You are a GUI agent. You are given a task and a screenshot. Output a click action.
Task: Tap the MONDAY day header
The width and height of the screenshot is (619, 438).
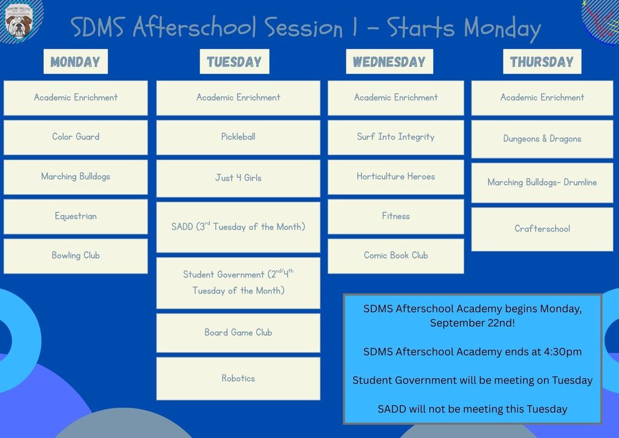click(76, 62)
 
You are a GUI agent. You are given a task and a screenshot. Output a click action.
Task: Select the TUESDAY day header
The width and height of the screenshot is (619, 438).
click(235, 62)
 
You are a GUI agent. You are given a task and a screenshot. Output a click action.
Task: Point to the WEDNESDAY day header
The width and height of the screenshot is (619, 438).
click(389, 62)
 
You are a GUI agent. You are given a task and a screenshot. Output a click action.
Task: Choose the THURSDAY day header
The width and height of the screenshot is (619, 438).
click(542, 62)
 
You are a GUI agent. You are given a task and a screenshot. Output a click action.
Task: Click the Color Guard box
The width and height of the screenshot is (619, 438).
click(76, 137)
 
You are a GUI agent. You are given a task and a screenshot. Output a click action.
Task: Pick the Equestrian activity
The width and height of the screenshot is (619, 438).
click(76, 217)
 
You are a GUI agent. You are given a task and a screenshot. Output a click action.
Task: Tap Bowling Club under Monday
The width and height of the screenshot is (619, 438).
click(76, 256)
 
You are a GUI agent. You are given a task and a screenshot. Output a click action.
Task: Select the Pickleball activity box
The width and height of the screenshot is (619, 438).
click(238, 137)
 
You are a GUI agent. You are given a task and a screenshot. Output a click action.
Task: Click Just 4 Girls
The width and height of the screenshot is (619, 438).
click(238, 178)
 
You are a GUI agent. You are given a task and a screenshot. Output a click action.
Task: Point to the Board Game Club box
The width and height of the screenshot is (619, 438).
click(238, 333)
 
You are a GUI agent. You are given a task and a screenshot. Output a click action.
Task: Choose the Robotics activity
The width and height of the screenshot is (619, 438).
click(238, 379)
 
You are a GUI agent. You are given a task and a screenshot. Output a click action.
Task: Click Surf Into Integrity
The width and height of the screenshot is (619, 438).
click(395, 137)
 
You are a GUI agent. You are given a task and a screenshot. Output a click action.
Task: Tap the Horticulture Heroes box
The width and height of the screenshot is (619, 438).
click(395, 177)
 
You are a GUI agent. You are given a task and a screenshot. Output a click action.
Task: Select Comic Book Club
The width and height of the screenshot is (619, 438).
click(395, 256)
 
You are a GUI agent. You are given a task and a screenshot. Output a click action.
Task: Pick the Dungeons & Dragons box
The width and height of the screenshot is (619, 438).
click(542, 139)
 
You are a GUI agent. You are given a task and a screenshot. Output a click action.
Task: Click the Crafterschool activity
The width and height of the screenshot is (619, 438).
click(542, 229)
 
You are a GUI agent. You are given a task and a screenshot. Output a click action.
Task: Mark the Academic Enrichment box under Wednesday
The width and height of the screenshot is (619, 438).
click(395, 98)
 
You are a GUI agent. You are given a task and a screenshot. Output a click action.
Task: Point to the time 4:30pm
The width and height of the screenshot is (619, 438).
click(563, 351)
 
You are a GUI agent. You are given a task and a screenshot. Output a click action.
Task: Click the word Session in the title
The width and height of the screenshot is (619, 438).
click(303, 28)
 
